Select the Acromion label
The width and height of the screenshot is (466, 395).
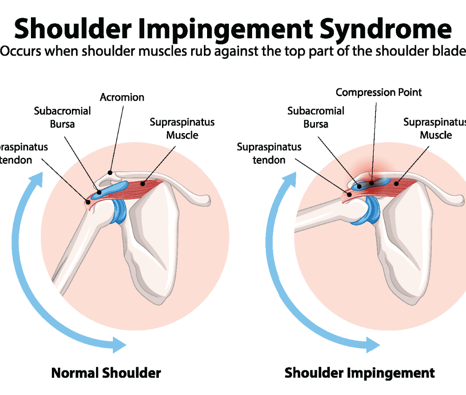(122, 97)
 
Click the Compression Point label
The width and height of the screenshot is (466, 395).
(379, 92)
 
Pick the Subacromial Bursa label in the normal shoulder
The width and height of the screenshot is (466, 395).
(62, 117)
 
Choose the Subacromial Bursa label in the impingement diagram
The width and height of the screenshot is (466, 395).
(315, 117)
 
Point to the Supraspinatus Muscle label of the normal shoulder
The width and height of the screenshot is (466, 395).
(182, 128)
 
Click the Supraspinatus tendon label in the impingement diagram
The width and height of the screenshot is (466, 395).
(269, 154)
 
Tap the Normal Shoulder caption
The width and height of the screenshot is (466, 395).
(106, 373)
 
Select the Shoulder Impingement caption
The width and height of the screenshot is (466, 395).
(360, 373)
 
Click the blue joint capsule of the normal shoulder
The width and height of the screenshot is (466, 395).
(120, 211)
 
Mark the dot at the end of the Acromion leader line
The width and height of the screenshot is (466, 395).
(110, 172)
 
